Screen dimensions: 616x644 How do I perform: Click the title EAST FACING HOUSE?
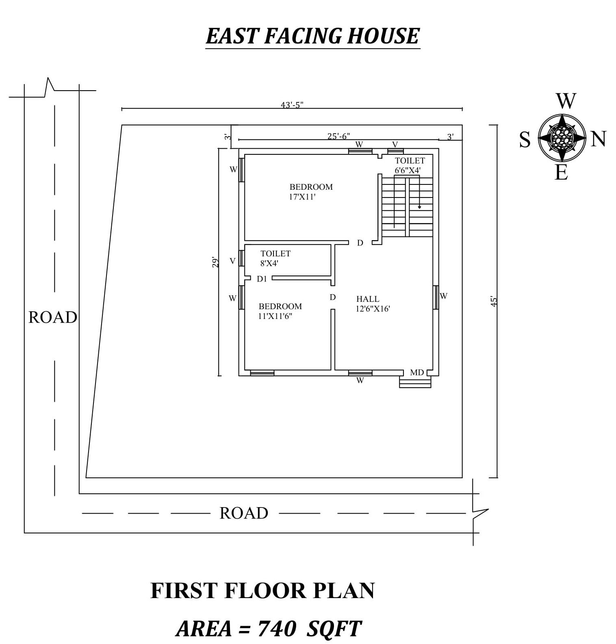312,36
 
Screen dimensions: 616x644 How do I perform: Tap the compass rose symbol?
562,138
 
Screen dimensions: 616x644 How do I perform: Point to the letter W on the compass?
566,101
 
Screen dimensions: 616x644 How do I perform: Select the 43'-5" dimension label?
292,105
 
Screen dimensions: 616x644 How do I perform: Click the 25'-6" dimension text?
338,136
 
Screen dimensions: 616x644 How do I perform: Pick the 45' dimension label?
494,301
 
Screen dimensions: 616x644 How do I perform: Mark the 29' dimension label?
216,262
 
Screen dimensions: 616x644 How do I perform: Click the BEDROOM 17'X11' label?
311,192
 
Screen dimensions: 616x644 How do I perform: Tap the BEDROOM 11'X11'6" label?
280,311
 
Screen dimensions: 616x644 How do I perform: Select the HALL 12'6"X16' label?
373,304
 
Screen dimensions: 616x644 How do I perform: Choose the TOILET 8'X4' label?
275,258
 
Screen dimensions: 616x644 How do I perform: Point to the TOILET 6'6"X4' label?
410,165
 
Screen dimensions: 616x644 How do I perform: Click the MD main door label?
417,372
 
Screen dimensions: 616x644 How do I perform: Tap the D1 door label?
262,279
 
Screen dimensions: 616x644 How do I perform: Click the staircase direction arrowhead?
419,207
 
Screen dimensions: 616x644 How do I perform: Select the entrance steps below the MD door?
415,382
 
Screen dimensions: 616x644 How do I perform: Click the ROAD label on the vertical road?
53,317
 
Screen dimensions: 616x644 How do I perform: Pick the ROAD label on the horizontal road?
244,513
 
